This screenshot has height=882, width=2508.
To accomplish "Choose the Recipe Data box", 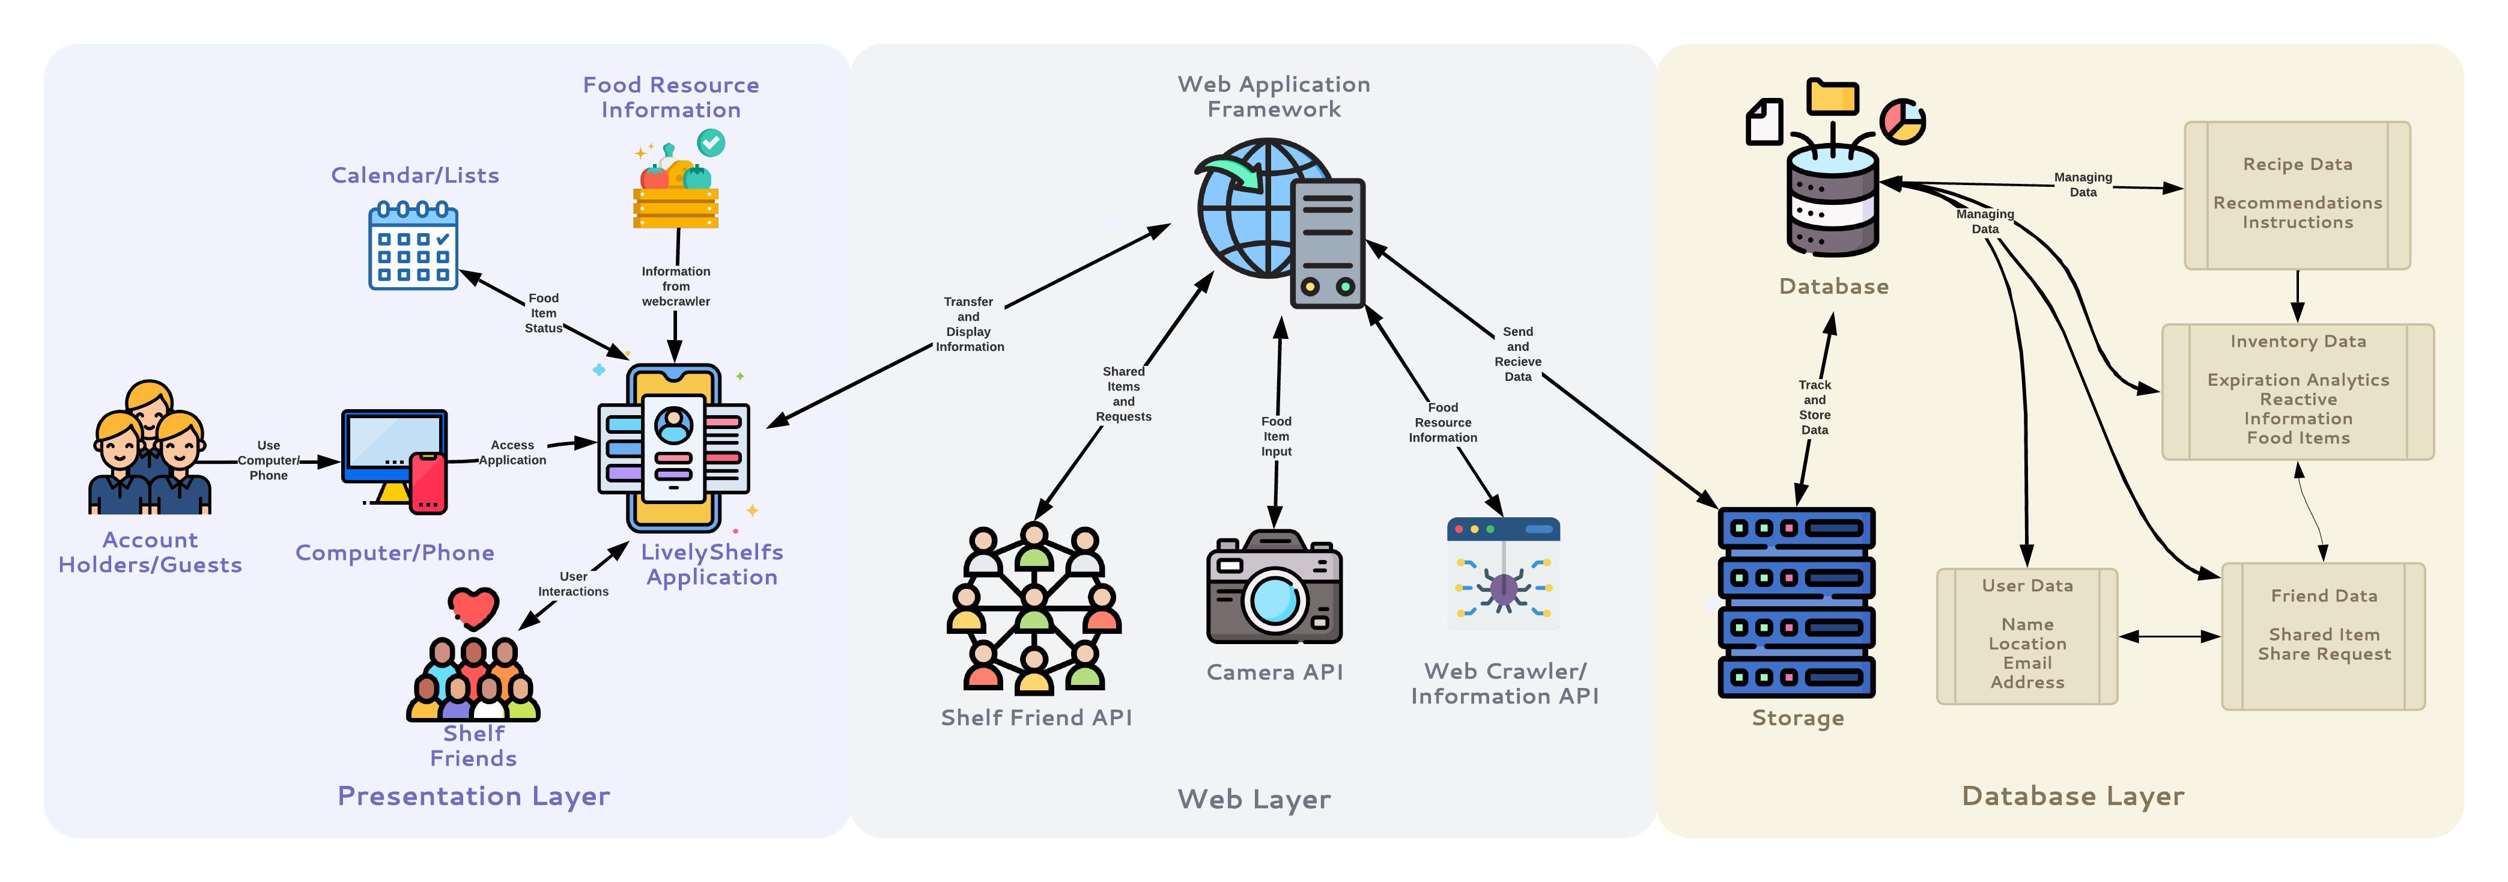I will pyautogui.click(x=2297, y=195).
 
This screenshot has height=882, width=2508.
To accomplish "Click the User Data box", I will pyautogui.click(x=2027, y=636).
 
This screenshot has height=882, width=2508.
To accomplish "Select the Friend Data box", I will pyautogui.click(x=2323, y=636).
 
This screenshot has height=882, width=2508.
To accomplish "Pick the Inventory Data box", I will pyautogui.click(x=2298, y=391).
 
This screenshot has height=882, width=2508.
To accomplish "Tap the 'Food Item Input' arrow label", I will pyautogui.click(x=1277, y=436).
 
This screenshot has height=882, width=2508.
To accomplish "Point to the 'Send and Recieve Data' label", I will pyautogui.click(x=1518, y=353).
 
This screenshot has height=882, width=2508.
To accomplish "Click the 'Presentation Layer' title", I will pyautogui.click(x=473, y=795).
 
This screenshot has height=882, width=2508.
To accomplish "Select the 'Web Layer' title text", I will pyautogui.click(x=1254, y=799).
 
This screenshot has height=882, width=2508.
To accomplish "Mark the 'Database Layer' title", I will pyautogui.click(x=2073, y=795).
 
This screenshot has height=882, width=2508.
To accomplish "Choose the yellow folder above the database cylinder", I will pyautogui.click(x=1832, y=97).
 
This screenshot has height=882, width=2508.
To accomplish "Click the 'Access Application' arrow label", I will pyautogui.click(x=512, y=452).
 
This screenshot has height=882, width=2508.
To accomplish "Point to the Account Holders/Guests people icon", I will pyautogui.click(x=149, y=450).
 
